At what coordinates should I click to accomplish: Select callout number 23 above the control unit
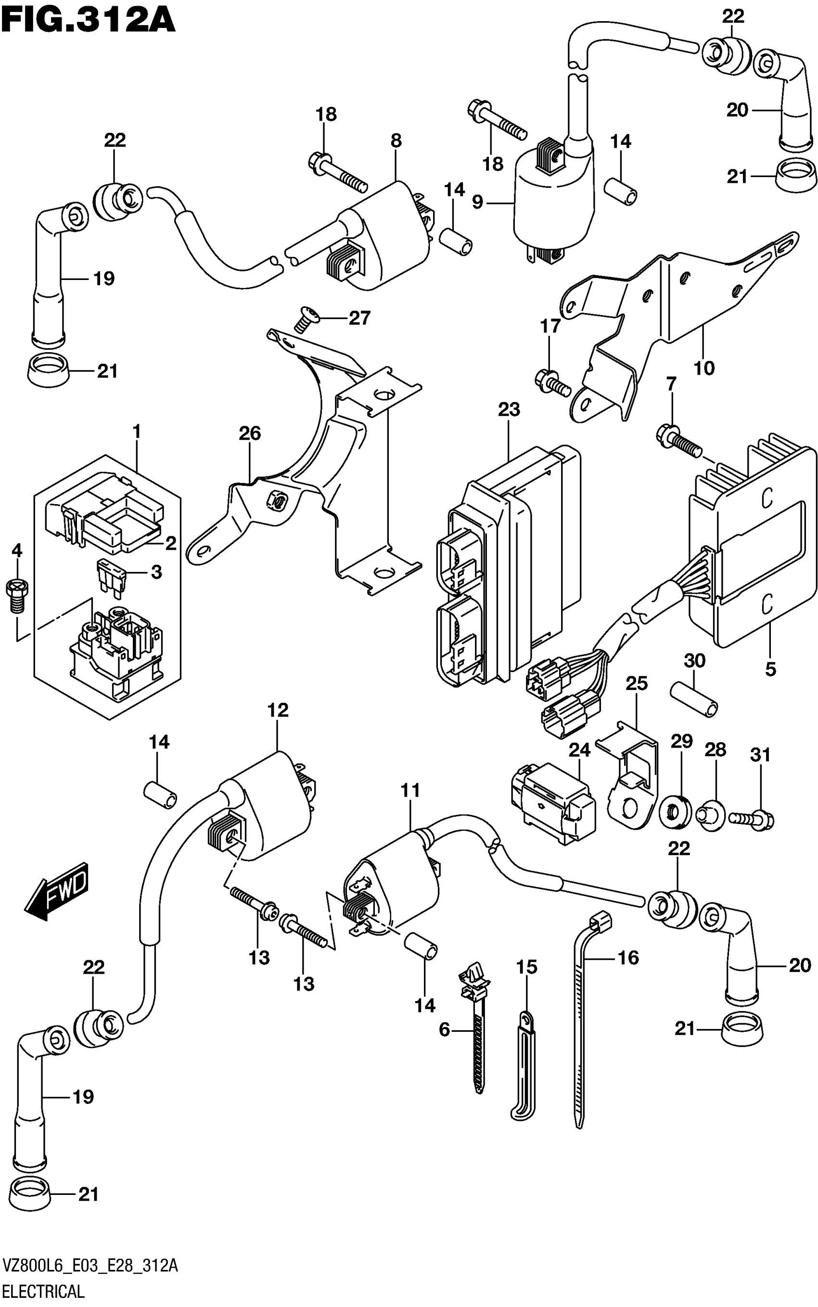(x=509, y=409)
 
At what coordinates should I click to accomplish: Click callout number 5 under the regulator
(x=770, y=669)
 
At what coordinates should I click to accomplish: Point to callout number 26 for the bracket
(x=249, y=433)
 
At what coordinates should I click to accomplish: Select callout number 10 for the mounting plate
(x=704, y=368)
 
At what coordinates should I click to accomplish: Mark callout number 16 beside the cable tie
(x=628, y=958)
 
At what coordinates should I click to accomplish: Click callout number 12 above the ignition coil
(x=278, y=710)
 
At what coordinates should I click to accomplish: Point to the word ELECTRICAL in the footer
(x=43, y=1292)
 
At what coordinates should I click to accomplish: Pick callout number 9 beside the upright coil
(x=477, y=202)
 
